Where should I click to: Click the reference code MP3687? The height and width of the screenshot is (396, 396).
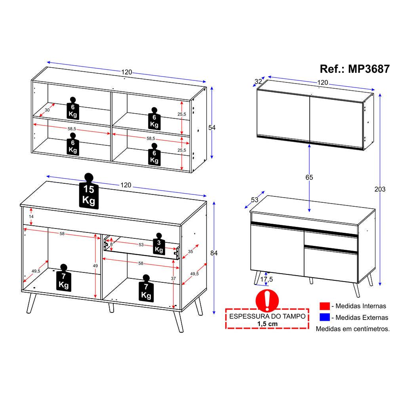369,69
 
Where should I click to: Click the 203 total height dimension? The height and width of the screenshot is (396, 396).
380,189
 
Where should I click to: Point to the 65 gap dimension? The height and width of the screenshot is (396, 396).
309,177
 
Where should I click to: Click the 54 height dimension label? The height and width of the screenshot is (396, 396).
212,128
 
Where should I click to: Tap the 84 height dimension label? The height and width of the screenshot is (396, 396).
214,253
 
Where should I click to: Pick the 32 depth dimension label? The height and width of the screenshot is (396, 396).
258,82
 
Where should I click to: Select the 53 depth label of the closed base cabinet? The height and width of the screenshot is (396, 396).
255,200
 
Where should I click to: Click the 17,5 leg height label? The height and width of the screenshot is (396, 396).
267,279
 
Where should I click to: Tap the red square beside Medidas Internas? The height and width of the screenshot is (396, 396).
325,306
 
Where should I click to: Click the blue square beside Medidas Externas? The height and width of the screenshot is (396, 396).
325,317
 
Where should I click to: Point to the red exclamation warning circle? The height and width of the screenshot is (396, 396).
267,301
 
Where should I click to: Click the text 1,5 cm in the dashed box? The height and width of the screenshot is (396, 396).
267,324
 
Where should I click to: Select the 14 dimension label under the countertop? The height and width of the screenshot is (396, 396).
31,217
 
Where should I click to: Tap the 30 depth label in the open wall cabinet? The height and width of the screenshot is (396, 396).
47,110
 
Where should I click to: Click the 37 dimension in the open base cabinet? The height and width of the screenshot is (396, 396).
173,278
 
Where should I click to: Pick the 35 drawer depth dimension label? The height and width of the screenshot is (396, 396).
190,251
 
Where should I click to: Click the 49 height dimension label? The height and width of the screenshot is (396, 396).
95,266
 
